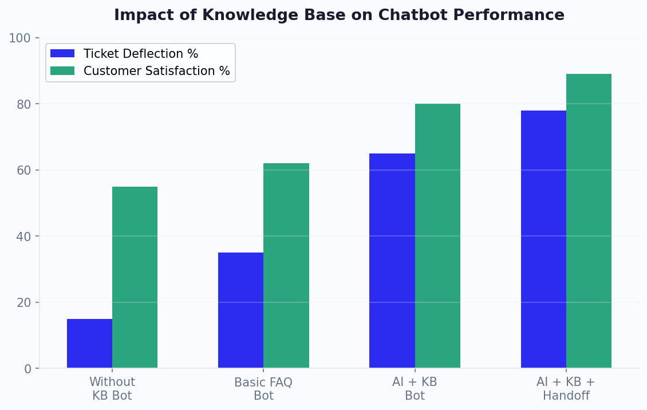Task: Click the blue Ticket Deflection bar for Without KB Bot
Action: click(89, 344)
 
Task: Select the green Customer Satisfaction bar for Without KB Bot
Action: click(135, 278)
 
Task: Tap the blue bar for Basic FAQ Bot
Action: click(240, 310)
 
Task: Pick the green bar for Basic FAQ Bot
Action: click(286, 266)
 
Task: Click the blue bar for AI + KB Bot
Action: click(392, 261)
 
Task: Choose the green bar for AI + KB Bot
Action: click(437, 236)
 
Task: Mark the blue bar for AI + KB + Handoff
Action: click(543, 239)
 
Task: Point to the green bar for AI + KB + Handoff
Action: click(589, 221)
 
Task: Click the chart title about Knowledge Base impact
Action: click(339, 15)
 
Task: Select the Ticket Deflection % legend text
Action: click(141, 54)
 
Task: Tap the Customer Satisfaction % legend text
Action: click(156, 71)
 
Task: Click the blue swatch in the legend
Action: click(62, 54)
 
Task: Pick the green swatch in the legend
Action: click(62, 71)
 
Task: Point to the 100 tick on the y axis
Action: click(19, 38)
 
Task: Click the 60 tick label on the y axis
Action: click(23, 171)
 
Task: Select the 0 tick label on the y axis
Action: click(27, 369)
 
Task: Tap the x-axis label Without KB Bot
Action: click(112, 389)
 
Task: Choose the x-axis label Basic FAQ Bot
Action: click(263, 389)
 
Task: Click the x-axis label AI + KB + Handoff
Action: click(566, 389)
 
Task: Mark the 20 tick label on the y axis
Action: click(23, 303)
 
